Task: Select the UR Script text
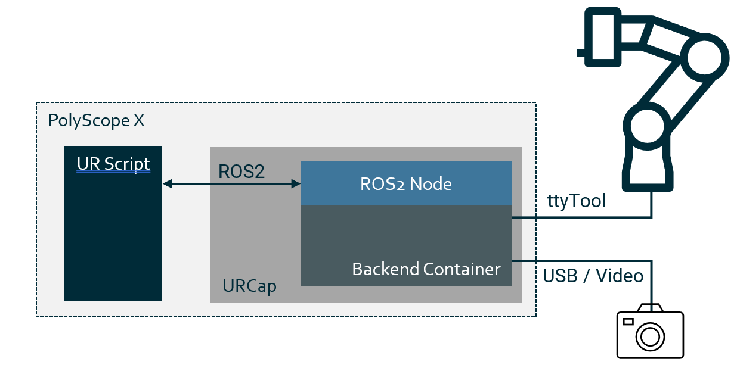(x=113, y=164)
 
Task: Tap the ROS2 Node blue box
(x=406, y=183)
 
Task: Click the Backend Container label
(x=426, y=269)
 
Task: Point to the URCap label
(x=249, y=286)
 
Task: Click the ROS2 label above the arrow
(x=241, y=172)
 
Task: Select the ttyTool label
(x=577, y=201)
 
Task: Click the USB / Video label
(x=593, y=276)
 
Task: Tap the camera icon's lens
(x=649, y=336)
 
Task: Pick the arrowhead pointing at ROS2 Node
(x=296, y=185)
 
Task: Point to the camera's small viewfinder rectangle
(x=628, y=322)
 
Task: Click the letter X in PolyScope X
(x=138, y=121)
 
